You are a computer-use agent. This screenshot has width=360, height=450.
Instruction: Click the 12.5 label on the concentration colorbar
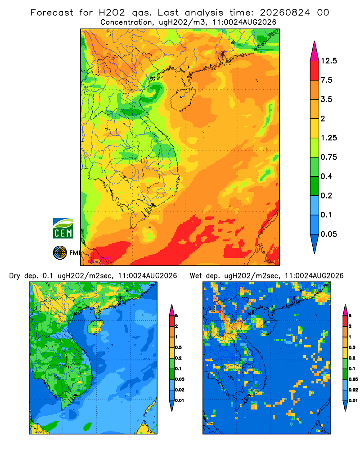[328, 61]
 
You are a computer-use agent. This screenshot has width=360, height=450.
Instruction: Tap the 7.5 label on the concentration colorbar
[326, 80]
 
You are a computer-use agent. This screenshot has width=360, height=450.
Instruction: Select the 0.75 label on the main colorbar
[328, 157]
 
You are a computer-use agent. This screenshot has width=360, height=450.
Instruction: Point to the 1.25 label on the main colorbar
[328, 138]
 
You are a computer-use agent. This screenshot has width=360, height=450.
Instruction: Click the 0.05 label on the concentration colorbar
[328, 234]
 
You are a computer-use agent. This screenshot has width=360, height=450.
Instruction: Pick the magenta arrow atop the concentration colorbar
[315, 51]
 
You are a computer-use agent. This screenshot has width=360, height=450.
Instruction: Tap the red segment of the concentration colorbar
[315, 71]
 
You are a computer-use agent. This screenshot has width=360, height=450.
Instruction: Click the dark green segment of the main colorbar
[315, 186]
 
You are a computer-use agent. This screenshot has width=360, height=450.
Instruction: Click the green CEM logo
[63, 229]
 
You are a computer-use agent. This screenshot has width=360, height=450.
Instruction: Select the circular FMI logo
[60, 253]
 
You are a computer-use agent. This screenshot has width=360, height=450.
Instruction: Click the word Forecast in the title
[52, 13]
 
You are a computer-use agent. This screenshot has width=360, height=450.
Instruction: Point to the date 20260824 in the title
[285, 13]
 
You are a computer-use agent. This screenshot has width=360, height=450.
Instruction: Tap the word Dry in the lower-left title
[15, 276]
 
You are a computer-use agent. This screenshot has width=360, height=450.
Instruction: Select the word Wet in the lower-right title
[196, 276]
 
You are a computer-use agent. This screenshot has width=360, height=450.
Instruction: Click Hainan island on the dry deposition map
[95, 327]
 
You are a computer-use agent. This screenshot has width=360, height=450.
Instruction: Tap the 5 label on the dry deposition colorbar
[176, 316]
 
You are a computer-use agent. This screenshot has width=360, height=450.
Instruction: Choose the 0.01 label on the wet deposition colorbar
[353, 400]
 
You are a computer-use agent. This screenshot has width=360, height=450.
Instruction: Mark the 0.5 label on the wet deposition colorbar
[352, 347]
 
